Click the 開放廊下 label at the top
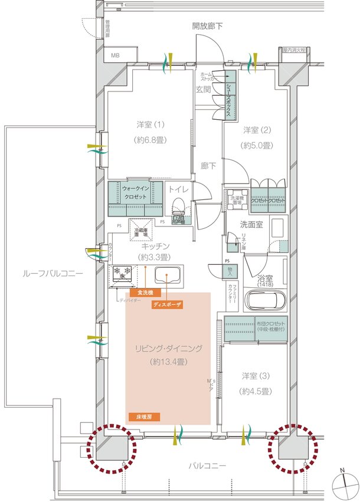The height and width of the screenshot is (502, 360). click(207, 26)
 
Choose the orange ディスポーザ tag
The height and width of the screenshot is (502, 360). click(167, 304)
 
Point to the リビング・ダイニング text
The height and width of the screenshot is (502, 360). click(168, 349)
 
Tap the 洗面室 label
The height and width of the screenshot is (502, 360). click(251, 224)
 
